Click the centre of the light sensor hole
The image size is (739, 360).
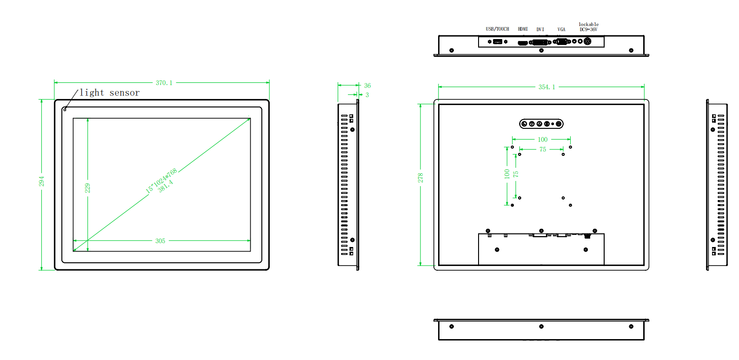point(65,110)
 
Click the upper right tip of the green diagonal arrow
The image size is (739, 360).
point(250,118)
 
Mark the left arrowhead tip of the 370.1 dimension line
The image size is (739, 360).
point(54,82)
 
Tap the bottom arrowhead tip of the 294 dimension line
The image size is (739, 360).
point(41,270)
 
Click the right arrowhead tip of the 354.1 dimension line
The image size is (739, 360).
point(644,87)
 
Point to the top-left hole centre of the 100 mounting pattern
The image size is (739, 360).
point(513,147)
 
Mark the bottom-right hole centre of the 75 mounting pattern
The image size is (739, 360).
point(563,198)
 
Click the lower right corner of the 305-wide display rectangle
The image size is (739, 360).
point(250,251)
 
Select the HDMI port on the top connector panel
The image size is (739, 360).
point(523,43)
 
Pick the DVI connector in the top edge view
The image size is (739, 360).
point(540,42)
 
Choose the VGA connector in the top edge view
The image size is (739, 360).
point(561,41)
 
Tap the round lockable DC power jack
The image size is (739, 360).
point(587,41)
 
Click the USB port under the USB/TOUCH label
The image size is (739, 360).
point(498,41)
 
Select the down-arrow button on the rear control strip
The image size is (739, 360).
point(532,124)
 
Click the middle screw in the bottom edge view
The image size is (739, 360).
point(541,327)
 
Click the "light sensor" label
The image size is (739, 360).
point(110,93)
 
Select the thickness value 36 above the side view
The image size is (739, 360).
point(367,86)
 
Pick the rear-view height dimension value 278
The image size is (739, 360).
point(420,178)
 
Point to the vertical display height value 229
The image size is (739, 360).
point(87,188)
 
